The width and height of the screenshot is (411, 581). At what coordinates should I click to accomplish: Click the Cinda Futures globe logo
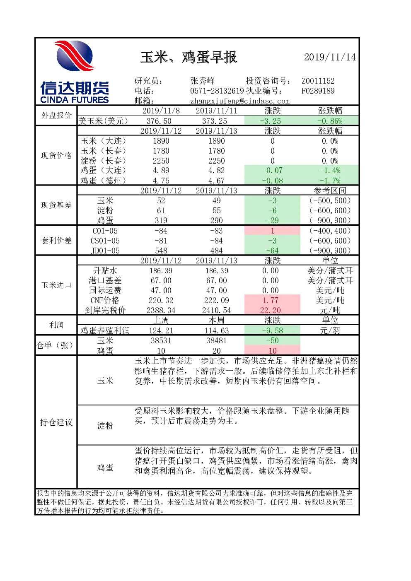tap(75, 56)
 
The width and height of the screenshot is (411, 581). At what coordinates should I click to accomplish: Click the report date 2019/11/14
tap(330, 57)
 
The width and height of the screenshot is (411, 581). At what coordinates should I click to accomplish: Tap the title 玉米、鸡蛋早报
tap(189, 57)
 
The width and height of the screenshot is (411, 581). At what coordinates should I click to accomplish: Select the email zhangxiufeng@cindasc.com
tap(240, 101)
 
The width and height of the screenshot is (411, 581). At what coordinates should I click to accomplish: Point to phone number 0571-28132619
tap(217, 91)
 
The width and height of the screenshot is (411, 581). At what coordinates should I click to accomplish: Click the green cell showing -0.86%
tap(330, 121)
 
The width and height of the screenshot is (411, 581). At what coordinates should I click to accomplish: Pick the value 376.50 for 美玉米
tap(161, 121)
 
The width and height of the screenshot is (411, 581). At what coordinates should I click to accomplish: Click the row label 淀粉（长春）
tap(103, 161)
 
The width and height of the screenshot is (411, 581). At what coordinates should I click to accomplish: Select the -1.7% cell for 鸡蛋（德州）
tap(330, 180)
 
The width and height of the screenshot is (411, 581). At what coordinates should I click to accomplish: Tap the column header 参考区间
tap(330, 190)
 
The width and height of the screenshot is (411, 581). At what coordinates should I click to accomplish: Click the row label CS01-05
tap(105, 241)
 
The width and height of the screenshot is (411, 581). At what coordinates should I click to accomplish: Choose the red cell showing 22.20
tap(272, 310)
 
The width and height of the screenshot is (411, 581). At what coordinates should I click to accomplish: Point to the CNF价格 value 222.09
tap(217, 300)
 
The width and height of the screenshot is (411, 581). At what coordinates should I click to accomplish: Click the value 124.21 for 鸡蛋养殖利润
tap(161, 330)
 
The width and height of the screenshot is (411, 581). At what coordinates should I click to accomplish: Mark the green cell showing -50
tap(272, 340)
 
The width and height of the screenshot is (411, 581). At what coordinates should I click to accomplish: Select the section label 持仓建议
tap(56, 422)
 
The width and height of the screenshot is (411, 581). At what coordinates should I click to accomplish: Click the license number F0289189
tap(318, 91)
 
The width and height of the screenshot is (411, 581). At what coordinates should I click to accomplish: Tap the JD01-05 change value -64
tap(272, 251)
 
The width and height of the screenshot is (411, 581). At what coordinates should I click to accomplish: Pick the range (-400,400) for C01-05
tap(330, 231)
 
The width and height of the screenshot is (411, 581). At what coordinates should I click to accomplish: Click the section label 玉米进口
tap(56, 285)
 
